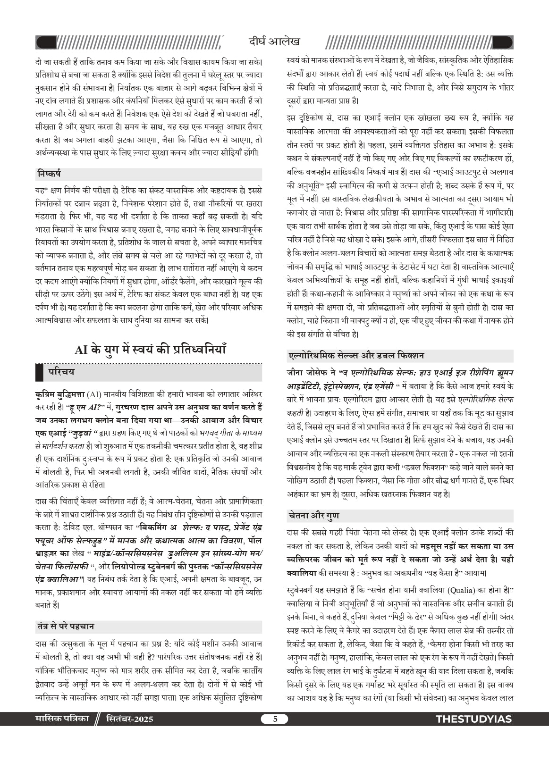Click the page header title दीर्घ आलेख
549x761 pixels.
click(274, 42)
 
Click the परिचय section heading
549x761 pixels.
click(61, 372)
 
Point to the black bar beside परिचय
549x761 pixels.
click(39, 372)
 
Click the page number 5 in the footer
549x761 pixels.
click(275, 719)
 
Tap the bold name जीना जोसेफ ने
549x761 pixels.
click(311, 373)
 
